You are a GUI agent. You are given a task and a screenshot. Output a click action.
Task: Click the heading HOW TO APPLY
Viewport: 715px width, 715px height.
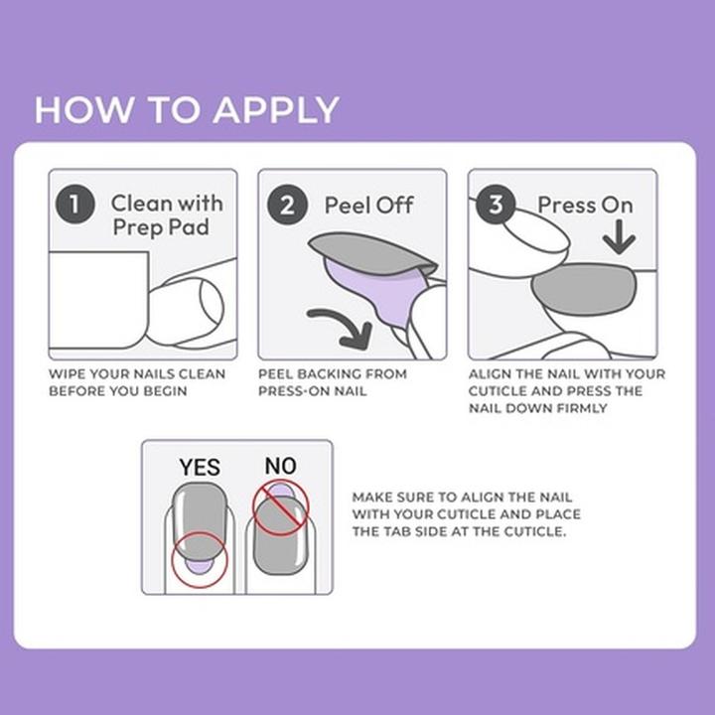point(187,109)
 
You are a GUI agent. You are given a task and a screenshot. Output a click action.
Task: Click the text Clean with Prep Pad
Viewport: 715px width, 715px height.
point(167,215)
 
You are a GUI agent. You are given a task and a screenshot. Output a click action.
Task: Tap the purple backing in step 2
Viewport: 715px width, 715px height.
point(371,296)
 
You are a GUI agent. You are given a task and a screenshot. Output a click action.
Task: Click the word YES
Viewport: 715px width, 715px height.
point(199,466)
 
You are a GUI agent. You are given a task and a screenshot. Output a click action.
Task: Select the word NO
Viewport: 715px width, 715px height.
point(281,465)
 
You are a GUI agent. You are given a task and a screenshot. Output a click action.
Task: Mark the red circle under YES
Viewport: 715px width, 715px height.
point(199,560)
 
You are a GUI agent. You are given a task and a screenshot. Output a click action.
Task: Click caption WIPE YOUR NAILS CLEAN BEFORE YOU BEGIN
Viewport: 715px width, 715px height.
point(137,382)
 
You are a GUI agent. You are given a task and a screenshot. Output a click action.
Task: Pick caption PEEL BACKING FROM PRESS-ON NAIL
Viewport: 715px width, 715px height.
point(333,382)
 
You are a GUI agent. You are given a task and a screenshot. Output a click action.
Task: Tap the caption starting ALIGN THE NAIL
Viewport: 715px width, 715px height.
point(566,390)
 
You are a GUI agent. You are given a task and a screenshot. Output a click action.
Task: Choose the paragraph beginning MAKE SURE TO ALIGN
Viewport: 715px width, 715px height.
point(467,513)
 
